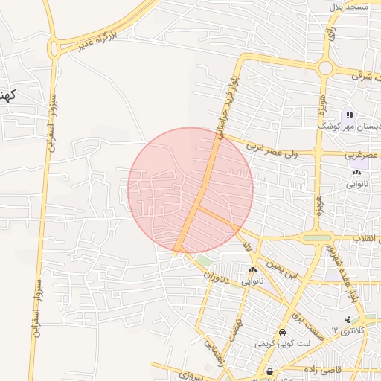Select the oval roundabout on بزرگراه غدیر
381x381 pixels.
(x=54, y=48)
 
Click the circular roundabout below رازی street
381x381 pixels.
(x=325, y=67)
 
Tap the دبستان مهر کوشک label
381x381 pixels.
(x=354, y=127)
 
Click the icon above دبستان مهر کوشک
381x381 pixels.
(x=349, y=115)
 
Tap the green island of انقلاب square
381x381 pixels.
(x=318, y=238)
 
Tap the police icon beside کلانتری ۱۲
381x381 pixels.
(x=348, y=319)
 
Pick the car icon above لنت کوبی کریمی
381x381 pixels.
(x=282, y=332)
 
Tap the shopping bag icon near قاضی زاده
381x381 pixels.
(x=269, y=371)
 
